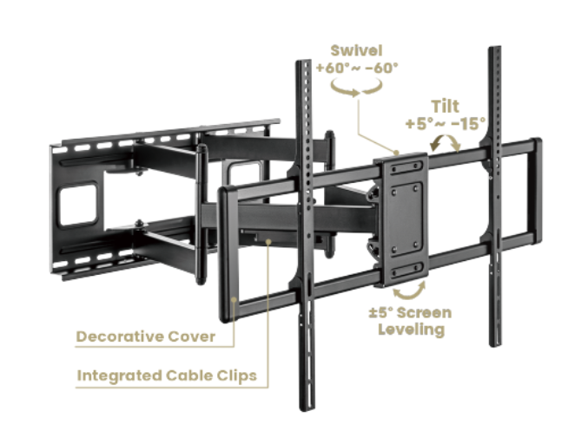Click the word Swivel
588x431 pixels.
click(356, 50)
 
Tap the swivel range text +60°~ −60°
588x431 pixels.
click(357, 69)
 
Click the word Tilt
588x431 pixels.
click(445, 107)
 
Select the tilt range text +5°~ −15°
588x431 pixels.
click(446, 124)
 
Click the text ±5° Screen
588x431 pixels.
click(410, 313)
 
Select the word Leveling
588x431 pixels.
click(412, 330)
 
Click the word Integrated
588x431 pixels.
click(119, 375)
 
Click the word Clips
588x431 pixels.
click(237, 375)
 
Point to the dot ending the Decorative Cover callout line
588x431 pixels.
click(234, 299)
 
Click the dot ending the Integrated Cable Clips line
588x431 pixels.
click(268, 242)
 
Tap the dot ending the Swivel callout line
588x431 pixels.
click(396, 152)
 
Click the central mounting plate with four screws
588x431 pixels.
click(405, 219)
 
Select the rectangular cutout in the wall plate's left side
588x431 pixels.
click(77, 204)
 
